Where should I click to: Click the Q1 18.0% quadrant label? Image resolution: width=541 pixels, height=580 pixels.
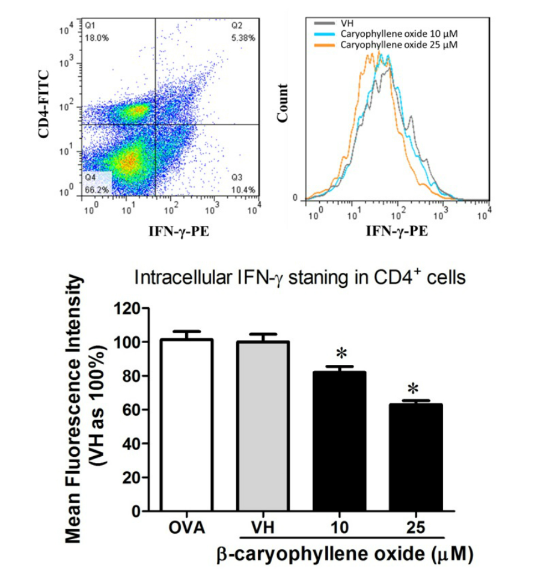pos(96,32)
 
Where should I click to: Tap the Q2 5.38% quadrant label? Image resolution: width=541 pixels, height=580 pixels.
pos(243,32)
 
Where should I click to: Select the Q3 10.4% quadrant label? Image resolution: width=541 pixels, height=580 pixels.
pos(243,185)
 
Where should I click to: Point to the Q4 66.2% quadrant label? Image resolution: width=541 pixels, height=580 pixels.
pos(96,185)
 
